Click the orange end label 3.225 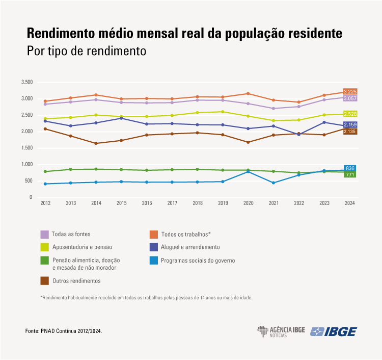point(350,92)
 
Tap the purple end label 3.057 point(350,98)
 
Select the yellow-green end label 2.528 point(350,114)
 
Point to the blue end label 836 point(350,168)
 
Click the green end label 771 point(350,174)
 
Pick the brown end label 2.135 point(350,132)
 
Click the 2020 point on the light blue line point(248,171)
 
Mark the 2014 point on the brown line point(96,143)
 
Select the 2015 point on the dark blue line point(121,118)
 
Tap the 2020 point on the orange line point(248,93)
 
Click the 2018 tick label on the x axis point(198,203)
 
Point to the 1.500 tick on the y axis point(26,148)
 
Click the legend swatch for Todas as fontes point(45,234)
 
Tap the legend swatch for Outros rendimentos point(45,280)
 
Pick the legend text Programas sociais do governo point(198,260)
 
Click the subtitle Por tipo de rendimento point(86,52)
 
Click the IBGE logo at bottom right point(334,331)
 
